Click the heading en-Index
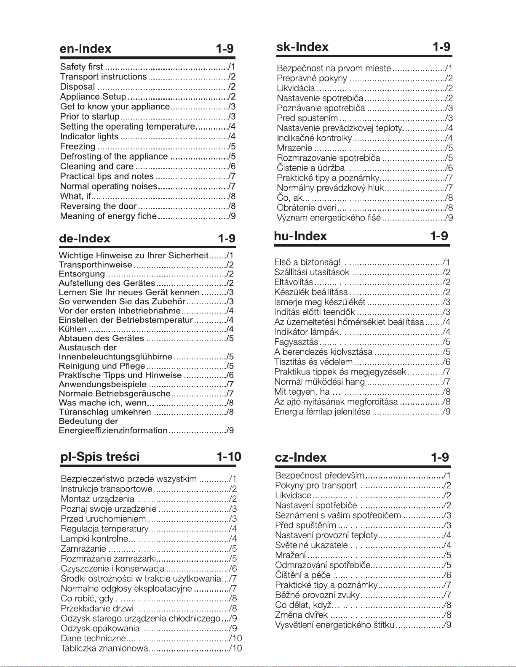86,49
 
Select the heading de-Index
84,239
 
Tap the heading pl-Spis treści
100,457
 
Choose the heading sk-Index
302,47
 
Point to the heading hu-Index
300,236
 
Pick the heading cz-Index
301,457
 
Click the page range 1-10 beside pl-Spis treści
229,457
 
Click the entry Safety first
82,66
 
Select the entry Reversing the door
99,206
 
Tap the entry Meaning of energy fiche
108,216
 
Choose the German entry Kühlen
73,329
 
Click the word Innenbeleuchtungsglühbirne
115,357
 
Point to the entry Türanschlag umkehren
105,412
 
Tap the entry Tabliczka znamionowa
104,648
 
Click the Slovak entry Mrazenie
294,148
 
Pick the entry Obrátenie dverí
306,208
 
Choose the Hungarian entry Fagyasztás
296,342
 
